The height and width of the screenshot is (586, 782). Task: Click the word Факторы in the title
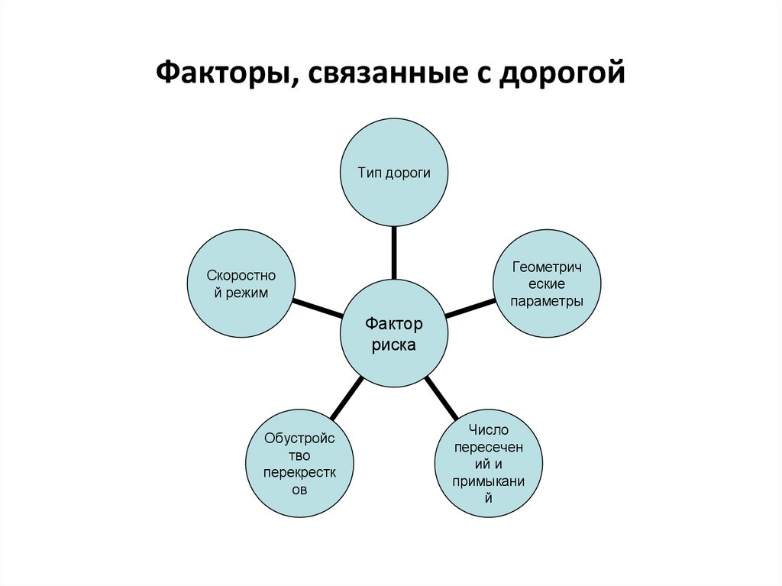click(218, 74)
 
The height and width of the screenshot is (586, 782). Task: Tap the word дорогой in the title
click(563, 74)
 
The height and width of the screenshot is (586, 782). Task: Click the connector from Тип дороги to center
click(394, 253)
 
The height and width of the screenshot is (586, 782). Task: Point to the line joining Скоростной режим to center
click(318, 307)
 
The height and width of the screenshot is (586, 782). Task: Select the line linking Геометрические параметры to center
click(470, 308)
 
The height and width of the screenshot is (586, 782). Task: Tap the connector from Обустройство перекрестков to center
click(347, 397)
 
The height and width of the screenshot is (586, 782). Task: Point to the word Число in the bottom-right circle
click(489, 432)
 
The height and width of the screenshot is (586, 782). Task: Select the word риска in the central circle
click(394, 345)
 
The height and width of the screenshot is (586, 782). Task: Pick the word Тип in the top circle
click(369, 173)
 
